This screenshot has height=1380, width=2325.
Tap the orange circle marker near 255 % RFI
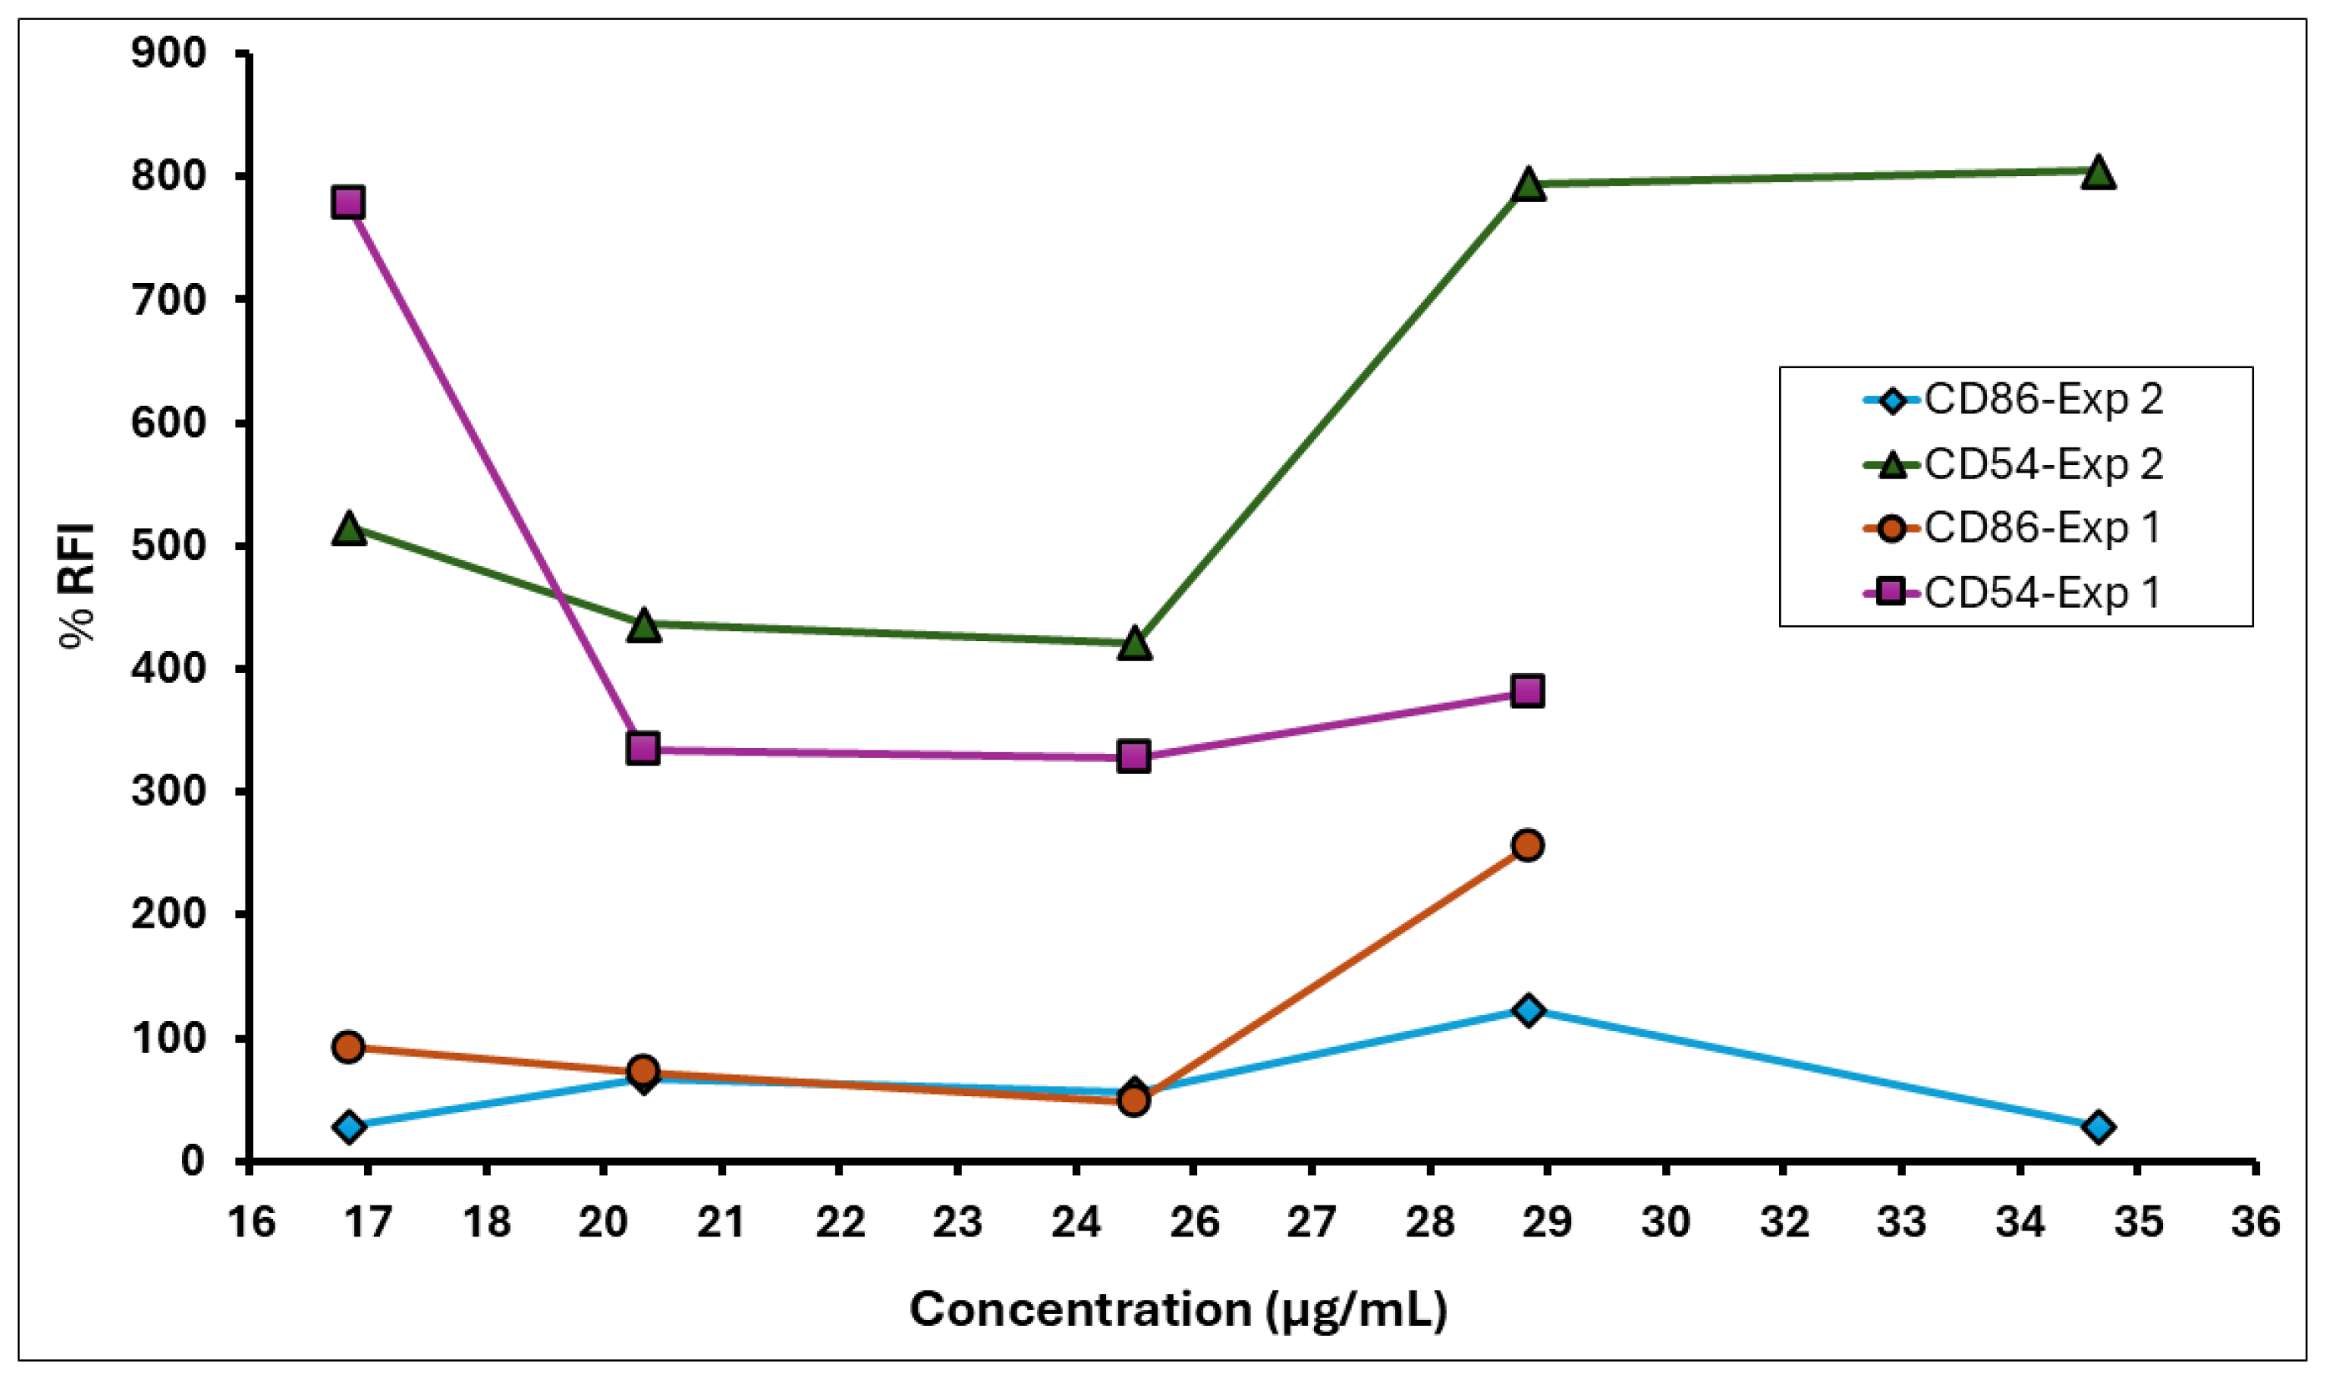point(1528,846)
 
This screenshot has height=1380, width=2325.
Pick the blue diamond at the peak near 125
point(1528,1010)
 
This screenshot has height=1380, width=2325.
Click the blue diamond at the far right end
point(2098,1127)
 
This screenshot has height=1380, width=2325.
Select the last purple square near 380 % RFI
point(1528,691)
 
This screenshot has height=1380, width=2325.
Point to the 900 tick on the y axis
point(169,54)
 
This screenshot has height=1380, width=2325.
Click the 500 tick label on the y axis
point(169,545)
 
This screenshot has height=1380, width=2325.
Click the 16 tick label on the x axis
point(251,1222)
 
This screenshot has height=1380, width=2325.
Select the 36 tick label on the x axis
point(2255,1222)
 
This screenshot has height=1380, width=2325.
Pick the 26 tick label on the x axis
point(1194,1222)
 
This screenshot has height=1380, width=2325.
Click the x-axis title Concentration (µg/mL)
point(1178,1310)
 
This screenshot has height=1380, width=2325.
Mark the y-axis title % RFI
point(77,586)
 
